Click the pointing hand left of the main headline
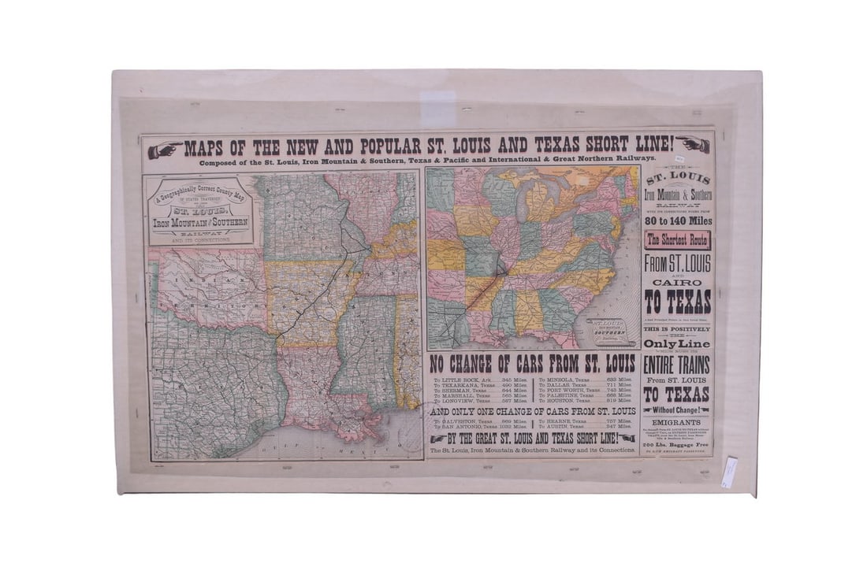click(165, 149)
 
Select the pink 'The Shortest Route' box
click(678, 240)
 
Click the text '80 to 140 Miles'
click(678, 221)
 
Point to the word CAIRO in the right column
click(678, 281)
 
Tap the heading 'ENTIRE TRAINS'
click(677, 365)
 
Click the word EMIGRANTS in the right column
click(678, 422)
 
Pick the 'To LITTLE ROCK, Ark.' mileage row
click(480, 380)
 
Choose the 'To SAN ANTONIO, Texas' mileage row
click(480, 426)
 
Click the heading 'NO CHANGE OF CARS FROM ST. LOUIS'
click(533, 363)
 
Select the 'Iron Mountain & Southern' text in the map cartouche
click(199, 221)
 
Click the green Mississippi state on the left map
click(364, 346)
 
